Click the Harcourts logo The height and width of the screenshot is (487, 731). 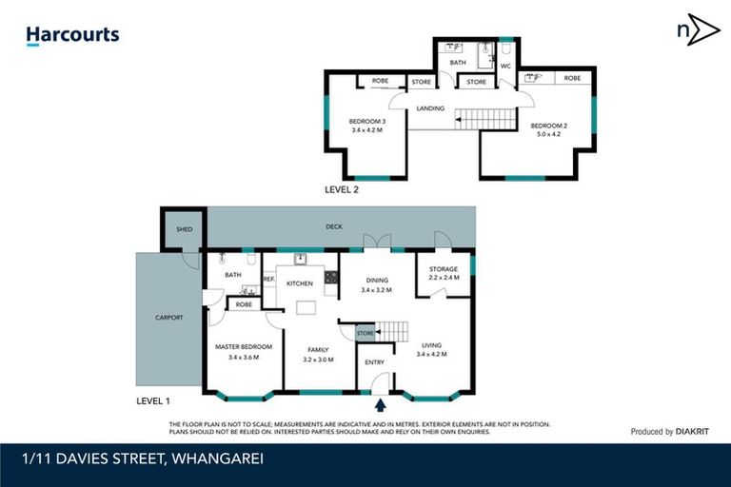click(72, 36)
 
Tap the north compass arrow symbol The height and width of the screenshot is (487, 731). click(698, 30)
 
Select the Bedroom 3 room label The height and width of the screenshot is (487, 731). click(366, 122)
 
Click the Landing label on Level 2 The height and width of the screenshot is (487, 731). click(430, 108)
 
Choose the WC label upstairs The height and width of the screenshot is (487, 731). click(505, 67)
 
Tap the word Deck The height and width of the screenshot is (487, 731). click(333, 226)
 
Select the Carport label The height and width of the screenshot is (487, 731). click(168, 318)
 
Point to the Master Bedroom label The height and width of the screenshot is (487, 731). click(244, 346)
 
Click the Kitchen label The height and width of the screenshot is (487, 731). click(301, 283)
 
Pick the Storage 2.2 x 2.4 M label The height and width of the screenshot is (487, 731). click(444, 273)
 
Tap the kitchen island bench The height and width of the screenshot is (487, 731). click(306, 308)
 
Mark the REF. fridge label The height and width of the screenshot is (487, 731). click(268, 279)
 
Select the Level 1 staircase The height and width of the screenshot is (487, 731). click(394, 331)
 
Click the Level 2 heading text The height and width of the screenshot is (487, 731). click(346, 190)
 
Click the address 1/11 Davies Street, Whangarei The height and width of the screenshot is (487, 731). click(143, 458)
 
